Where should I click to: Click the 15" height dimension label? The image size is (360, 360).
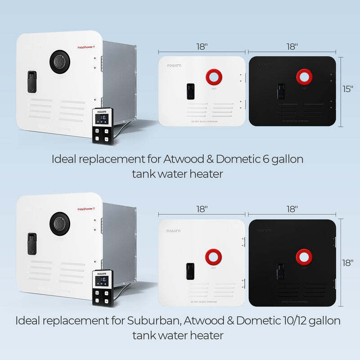(x=348, y=89)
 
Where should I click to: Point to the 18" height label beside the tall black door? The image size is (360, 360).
(x=348, y=262)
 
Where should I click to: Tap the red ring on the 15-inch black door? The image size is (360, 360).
(x=305, y=76)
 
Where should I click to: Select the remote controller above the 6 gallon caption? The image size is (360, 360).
(x=103, y=126)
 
